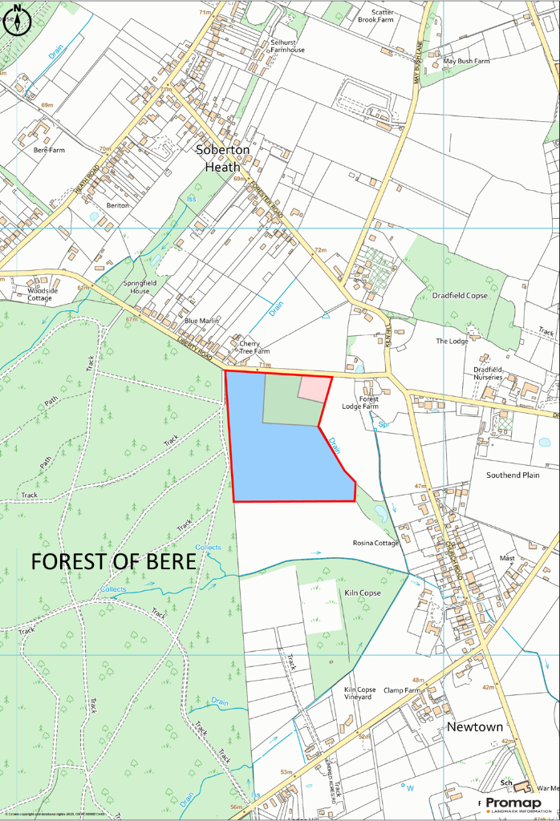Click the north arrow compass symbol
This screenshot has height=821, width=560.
click(x=17, y=20)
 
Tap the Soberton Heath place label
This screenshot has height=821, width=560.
click(x=223, y=158)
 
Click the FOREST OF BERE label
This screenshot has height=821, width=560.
click(x=113, y=561)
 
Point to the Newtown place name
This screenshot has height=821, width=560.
click(x=475, y=727)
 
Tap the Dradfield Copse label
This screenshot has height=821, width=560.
click(x=460, y=296)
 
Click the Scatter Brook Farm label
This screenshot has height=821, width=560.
click(x=375, y=15)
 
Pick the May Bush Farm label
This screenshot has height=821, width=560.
click(x=466, y=61)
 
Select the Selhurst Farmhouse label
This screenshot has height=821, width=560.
click(x=287, y=45)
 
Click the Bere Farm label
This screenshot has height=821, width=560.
click(x=49, y=150)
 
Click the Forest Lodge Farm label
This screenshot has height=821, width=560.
click(x=369, y=402)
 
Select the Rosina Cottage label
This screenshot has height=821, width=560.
click(x=375, y=543)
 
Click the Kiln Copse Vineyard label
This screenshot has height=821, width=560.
click(x=359, y=694)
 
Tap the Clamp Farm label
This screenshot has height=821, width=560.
click(x=402, y=690)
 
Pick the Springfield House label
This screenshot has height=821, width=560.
click(x=136, y=287)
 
